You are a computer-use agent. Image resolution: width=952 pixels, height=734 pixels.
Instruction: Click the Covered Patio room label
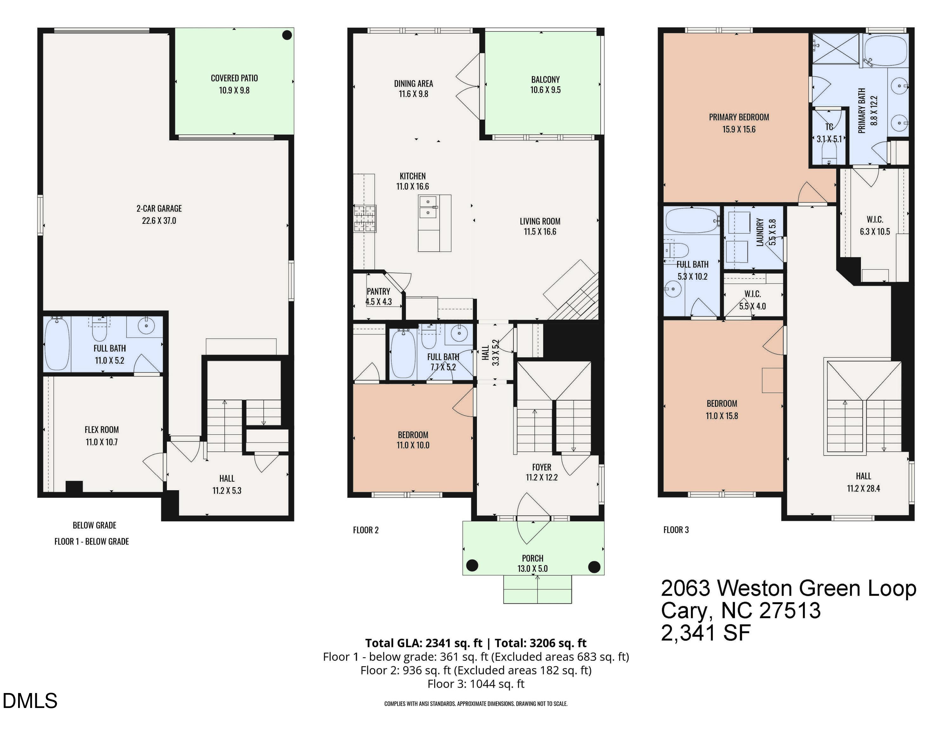click(234, 78)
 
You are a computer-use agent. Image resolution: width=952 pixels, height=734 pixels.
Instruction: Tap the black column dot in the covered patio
click(287, 35)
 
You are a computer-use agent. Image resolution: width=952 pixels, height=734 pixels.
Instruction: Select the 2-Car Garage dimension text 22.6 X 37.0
click(159, 221)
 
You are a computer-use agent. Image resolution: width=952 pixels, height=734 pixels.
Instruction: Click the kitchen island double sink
click(428, 207)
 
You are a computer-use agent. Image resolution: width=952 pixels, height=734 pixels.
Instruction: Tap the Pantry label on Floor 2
click(378, 291)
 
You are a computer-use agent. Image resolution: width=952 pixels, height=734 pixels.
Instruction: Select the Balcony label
click(545, 80)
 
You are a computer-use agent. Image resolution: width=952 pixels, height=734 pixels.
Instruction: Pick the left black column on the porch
click(472, 566)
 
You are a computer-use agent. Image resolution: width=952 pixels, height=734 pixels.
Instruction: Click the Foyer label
click(541, 467)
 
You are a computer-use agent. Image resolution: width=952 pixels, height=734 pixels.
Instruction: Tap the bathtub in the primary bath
click(886, 50)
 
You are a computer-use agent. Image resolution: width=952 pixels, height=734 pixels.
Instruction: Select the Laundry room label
click(760, 232)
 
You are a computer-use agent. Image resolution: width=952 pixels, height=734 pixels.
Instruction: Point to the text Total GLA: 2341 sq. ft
click(423, 643)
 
